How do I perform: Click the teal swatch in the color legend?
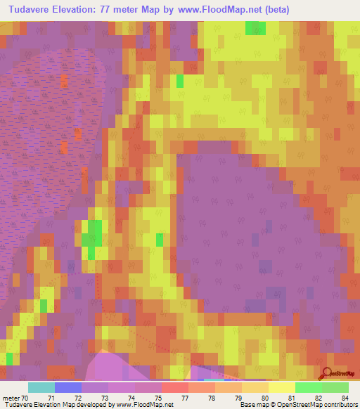click(41, 387)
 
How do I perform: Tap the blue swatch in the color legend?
click(67, 387)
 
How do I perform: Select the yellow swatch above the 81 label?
click(281, 387)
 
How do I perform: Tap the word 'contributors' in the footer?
click(339, 405)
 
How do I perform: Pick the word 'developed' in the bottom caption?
click(92, 405)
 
